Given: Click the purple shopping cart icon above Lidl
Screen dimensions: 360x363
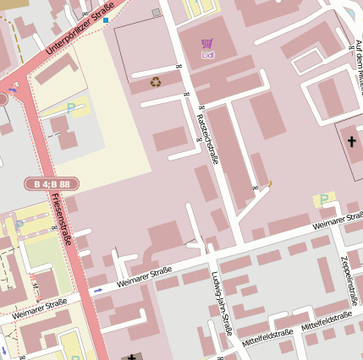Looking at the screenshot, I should click(207, 43).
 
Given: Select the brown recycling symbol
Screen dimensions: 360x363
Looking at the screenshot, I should click(156, 82).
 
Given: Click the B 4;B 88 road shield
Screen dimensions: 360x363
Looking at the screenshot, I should click(52, 183).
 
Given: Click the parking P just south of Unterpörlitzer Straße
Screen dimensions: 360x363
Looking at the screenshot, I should click(72, 107).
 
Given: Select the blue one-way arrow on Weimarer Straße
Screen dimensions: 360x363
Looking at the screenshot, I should click(98, 290).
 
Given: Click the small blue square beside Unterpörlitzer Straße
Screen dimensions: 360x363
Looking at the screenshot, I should click(106, 19).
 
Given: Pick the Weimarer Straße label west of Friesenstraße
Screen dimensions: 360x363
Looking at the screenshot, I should click(39, 308).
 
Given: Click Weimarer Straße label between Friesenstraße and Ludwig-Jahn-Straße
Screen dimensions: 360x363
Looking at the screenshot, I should click(144, 276).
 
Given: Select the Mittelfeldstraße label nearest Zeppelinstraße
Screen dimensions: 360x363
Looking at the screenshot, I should click(326, 320).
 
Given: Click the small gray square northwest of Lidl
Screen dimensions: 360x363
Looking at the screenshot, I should click(156, 13).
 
